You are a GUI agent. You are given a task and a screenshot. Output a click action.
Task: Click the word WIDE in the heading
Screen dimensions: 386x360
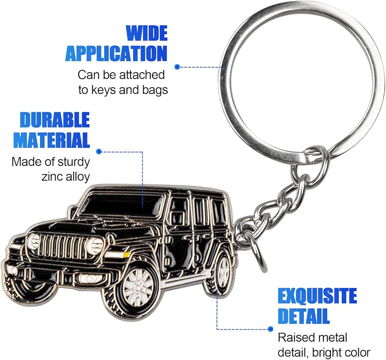click(x=147, y=33)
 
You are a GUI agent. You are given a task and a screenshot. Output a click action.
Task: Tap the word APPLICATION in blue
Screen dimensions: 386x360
click(x=116, y=53)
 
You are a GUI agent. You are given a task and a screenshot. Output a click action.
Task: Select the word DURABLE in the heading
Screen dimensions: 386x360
click(x=55, y=121)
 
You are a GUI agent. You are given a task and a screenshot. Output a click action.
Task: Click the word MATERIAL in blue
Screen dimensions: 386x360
click(x=52, y=140)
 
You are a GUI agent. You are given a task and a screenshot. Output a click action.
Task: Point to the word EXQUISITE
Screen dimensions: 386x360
click(x=317, y=296)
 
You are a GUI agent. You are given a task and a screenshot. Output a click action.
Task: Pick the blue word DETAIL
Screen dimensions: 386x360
click(x=304, y=316)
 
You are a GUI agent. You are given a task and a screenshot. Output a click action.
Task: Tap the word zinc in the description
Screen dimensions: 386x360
click(x=52, y=176)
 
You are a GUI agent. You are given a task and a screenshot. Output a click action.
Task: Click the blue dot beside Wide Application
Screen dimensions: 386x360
click(x=177, y=66)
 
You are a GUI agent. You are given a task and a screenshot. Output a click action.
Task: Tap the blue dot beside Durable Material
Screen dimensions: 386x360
click(x=99, y=151)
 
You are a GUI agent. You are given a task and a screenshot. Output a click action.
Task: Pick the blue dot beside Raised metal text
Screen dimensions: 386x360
click(x=270, y=329)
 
